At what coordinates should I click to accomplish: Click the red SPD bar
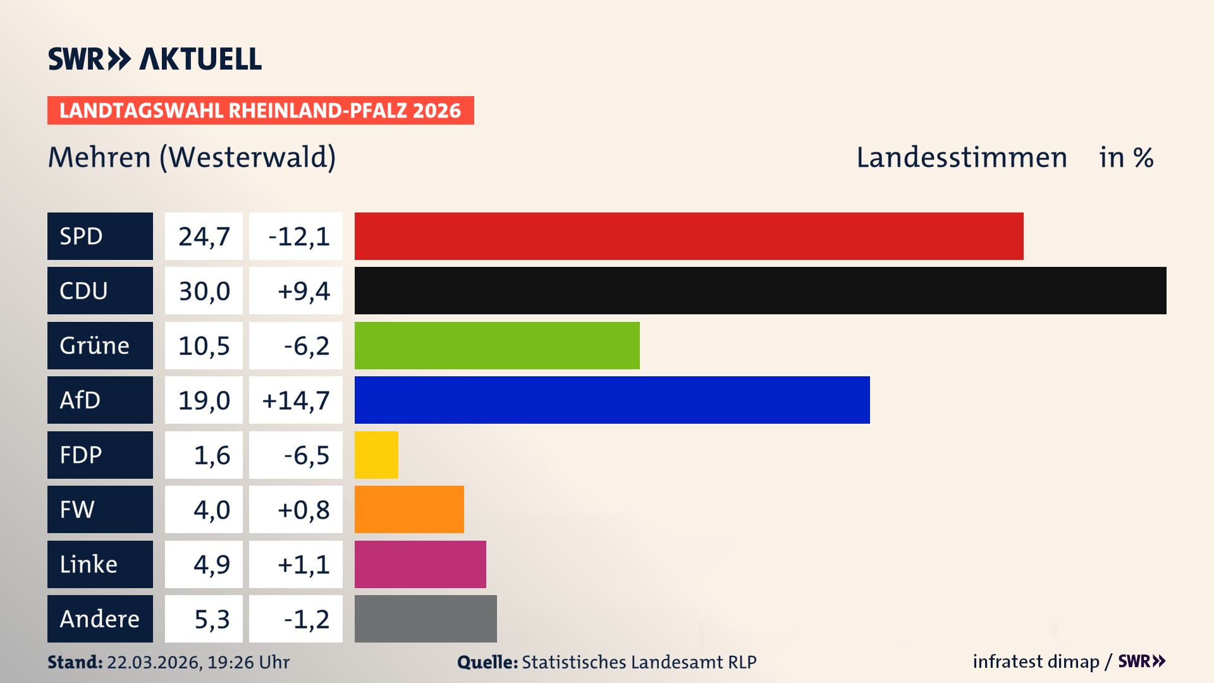click(689, 236)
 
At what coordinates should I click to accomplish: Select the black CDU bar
click(760, 290)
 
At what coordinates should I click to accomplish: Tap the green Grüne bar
click(497, 345)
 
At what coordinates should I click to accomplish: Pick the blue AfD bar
click(612, 400)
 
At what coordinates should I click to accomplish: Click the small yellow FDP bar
click(376, 455)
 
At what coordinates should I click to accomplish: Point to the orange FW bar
click(409, 509)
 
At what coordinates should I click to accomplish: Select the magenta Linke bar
click(420, 564)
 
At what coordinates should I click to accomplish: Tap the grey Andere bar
click(426, 618)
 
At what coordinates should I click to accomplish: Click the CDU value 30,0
click(204, 291)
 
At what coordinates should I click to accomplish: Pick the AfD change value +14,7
click(296, 400)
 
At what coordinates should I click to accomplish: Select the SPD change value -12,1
click(298, 237)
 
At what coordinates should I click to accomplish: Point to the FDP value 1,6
click(211, 455)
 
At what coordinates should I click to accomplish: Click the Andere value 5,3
click(211, 619)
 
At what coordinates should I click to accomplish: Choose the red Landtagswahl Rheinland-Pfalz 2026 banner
click(261, 110)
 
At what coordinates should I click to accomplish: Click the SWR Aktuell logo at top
click(154, 59)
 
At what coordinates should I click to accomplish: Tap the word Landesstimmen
click(961, 157)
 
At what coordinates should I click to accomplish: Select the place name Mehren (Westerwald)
click(192, 157)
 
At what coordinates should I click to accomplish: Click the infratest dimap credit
click(1036, 661)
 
